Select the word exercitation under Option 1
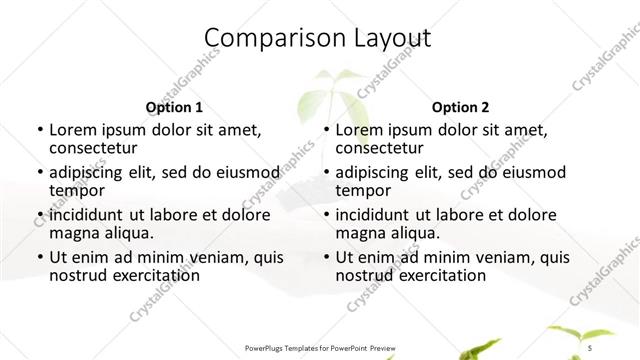point(149,275)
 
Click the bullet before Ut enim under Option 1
point(38,257)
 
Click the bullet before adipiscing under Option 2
point(325,173)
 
